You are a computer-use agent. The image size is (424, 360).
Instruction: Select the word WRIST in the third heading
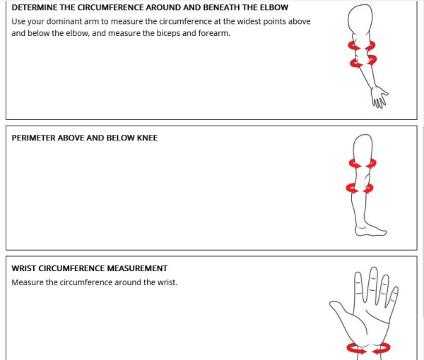[x=24, y=268]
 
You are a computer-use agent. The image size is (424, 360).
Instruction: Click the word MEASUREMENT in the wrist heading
[x=137, y=268]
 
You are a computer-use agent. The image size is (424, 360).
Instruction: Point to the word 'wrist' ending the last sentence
[x=167, y=282]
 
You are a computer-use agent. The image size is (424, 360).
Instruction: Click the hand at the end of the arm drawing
[x=379, y=97]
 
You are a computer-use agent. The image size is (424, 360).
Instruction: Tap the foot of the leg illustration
[x=370, y=230]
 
